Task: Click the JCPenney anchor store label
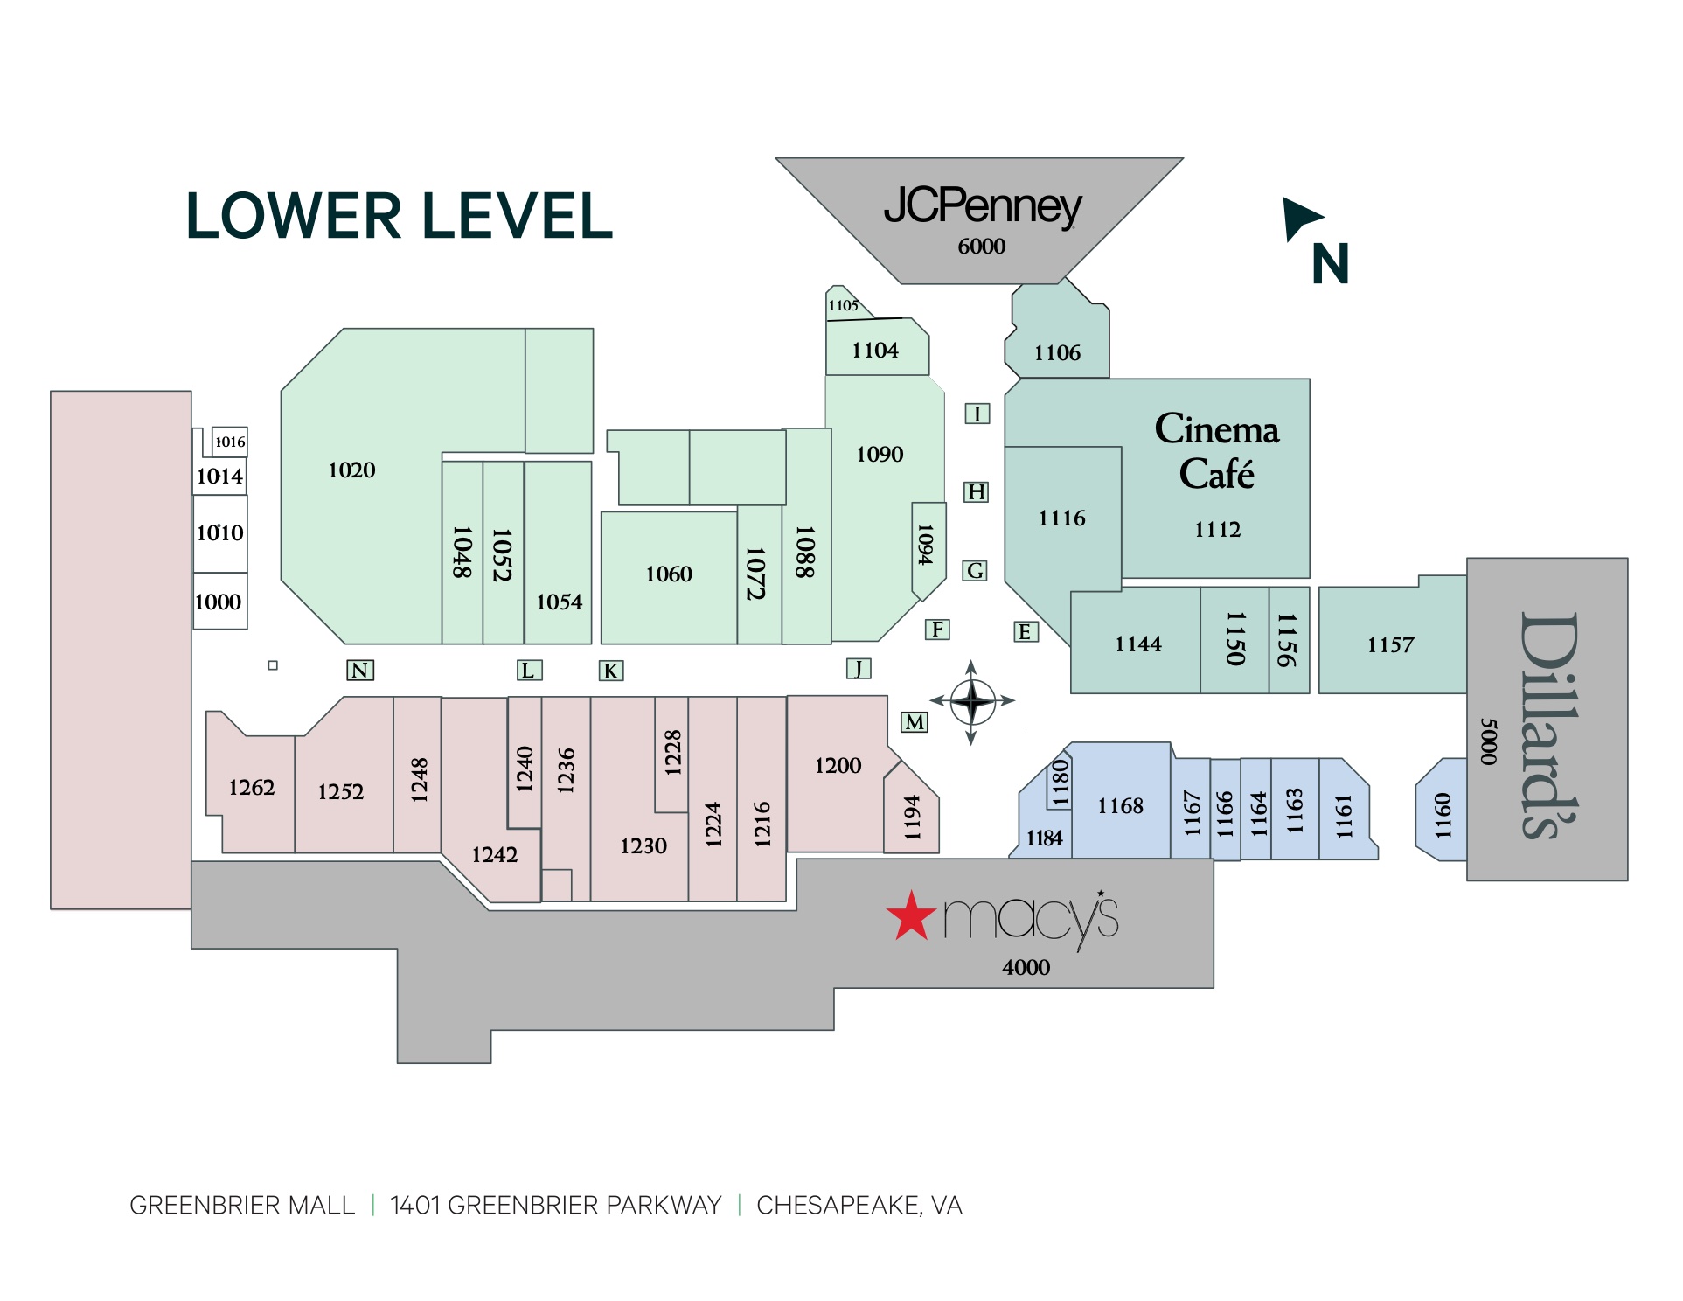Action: pos(982,207)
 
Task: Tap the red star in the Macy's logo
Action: pos(911,916)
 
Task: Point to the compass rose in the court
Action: pos(971,701)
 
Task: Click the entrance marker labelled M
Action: pos(915,722)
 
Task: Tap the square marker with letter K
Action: pos(610,671)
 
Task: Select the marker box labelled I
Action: pos(977,414)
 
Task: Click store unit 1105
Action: pos(843,305)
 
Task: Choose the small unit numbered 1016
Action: pos(230,442)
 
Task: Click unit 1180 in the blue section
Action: pos(1060,782)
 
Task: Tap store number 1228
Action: pos(671,752)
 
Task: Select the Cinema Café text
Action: pos(1216,451)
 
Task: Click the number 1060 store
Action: pos(668,574)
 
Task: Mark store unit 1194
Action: pos(912,817)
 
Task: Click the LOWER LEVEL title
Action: pos(399,216)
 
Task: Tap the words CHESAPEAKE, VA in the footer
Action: pos(859,1205)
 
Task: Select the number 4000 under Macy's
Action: pos(1026,967)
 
